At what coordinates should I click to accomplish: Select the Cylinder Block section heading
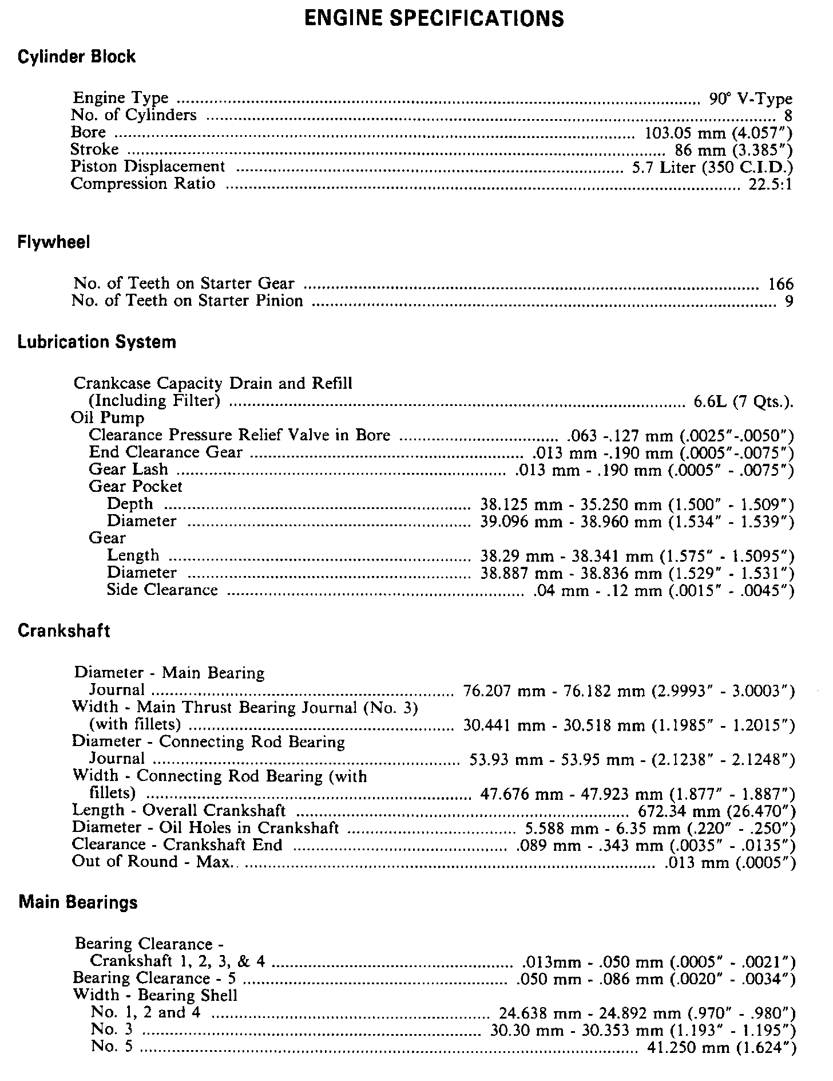(77, 57)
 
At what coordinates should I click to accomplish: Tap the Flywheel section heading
(54, 243)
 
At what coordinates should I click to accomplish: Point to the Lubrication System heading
(97, 342)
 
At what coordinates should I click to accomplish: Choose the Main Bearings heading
(78, 903)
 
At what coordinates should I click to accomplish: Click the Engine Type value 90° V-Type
(751, 98)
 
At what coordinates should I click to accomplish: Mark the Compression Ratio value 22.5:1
(770, 184)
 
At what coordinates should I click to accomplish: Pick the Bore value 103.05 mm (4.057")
(719, 133)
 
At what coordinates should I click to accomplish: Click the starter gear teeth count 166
(781, 283)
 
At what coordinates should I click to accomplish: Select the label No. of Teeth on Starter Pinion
(187, 301)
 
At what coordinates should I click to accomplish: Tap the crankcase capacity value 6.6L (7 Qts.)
(743, 401)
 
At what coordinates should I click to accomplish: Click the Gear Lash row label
(128, 470)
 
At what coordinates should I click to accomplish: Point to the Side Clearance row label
(162, 590)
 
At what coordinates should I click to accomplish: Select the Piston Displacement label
(148, 167)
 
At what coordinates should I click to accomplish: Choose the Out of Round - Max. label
(152, 862)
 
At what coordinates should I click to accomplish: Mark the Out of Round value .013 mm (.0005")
(731, 863)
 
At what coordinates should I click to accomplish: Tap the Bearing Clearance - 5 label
(154, 979)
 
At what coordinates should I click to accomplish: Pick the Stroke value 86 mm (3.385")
(734, 150)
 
